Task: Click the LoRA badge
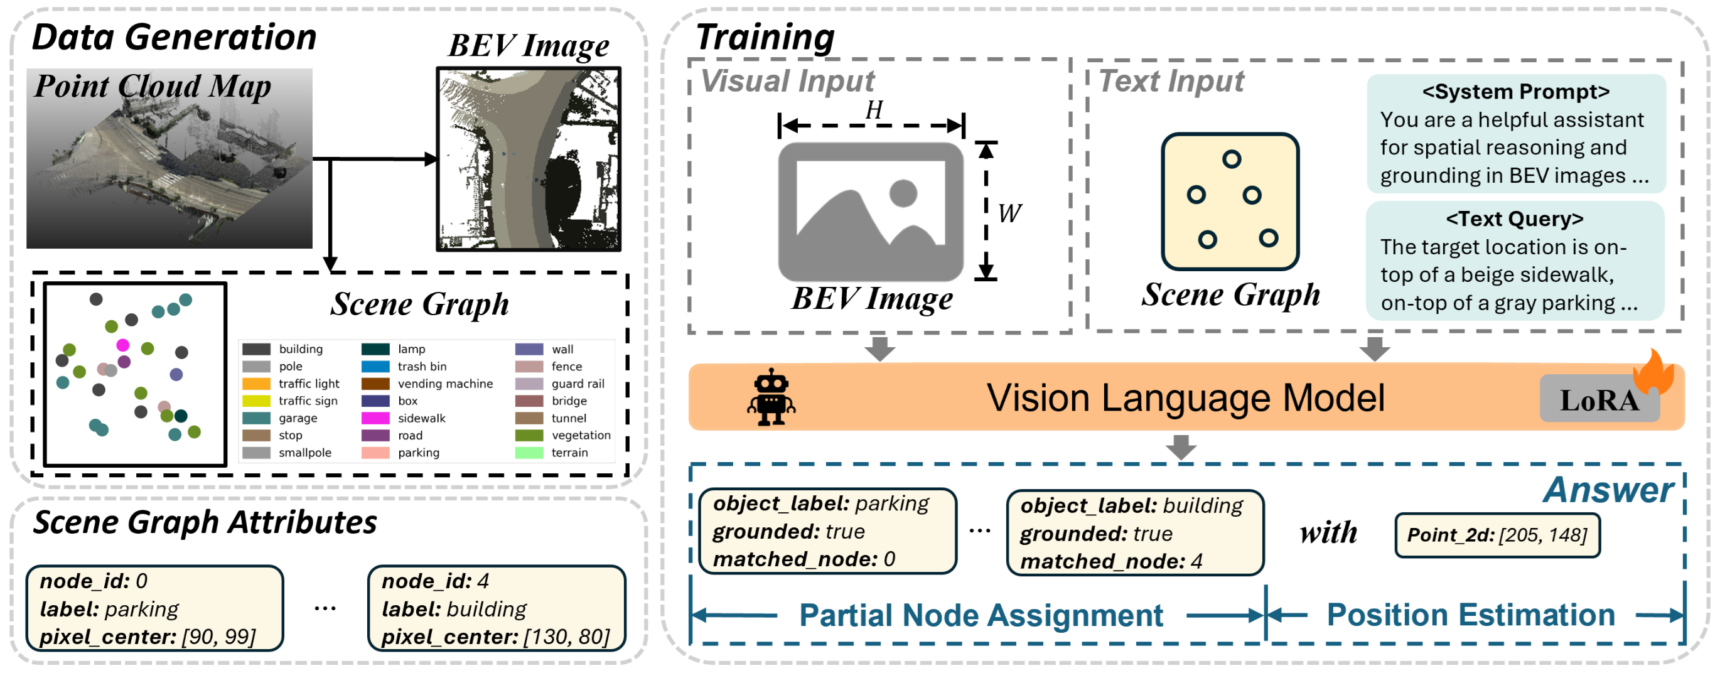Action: pos(1599,399)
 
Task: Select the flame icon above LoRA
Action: pos(1655,372)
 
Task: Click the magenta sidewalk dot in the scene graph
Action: pos(123,345)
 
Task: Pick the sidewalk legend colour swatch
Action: pos(375,418)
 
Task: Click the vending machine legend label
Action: pos(445,384)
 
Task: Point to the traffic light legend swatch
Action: pos(255,384)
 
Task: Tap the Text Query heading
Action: pos(1514,219)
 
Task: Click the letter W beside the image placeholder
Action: pos(1009,213)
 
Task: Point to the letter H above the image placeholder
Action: pos(874,109)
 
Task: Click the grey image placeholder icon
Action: pos(871,211)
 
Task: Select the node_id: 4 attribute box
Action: pos(497,608)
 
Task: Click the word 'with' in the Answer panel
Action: pos(1328,533)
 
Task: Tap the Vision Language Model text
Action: pos(1186,398)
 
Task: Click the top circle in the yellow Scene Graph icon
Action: pos(1231,159)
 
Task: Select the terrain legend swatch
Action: pos(529,453)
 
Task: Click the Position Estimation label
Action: pos(1470,615)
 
